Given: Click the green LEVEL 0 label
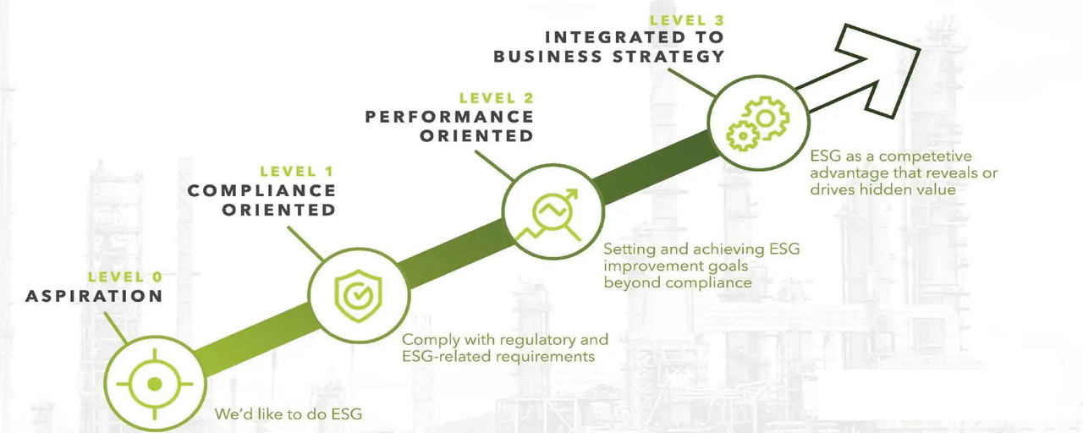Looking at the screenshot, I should coord(125,277).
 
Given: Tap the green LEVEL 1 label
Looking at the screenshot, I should coord(297,172).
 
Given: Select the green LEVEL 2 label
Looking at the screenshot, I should coord(496,98).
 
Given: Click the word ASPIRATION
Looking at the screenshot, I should coord(94,296).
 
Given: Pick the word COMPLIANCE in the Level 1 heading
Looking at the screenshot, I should coord(261,191).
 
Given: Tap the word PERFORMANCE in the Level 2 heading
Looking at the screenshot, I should coord(449,117).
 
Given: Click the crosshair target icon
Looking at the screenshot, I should coord(154,384).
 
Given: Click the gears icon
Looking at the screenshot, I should coord(756,123).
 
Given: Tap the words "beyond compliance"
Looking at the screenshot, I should coord(678,282).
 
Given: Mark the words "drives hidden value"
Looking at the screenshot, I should coord(882,189).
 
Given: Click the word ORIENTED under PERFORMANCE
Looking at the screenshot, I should coord(476,136).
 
